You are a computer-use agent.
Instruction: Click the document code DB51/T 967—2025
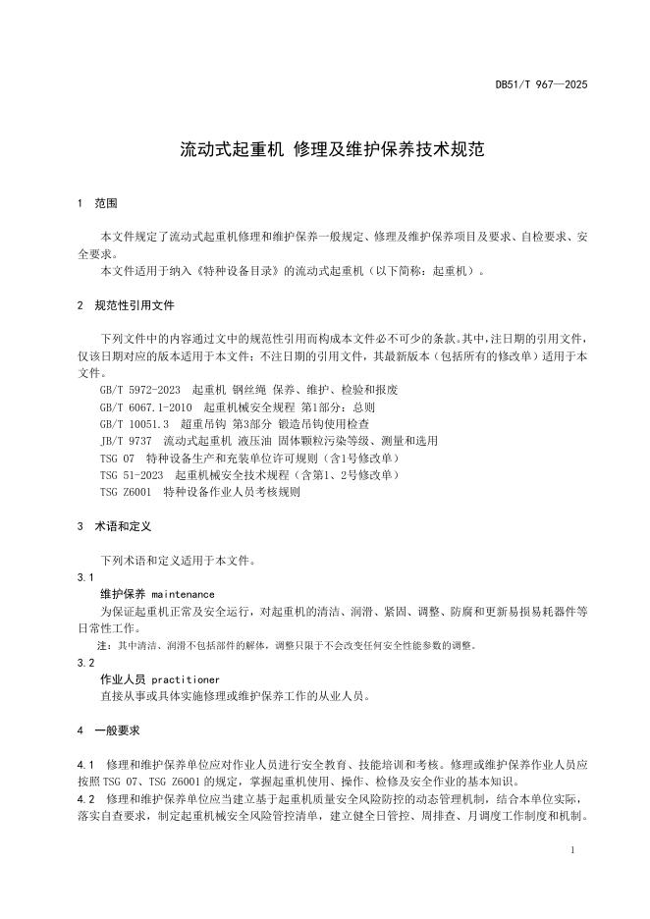[541, 85]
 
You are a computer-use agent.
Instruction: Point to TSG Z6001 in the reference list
[127, 492]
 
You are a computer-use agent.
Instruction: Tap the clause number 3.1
[84, 577]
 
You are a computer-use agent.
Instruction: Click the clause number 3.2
[84, 663]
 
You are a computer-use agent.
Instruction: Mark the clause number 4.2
[84, 799]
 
